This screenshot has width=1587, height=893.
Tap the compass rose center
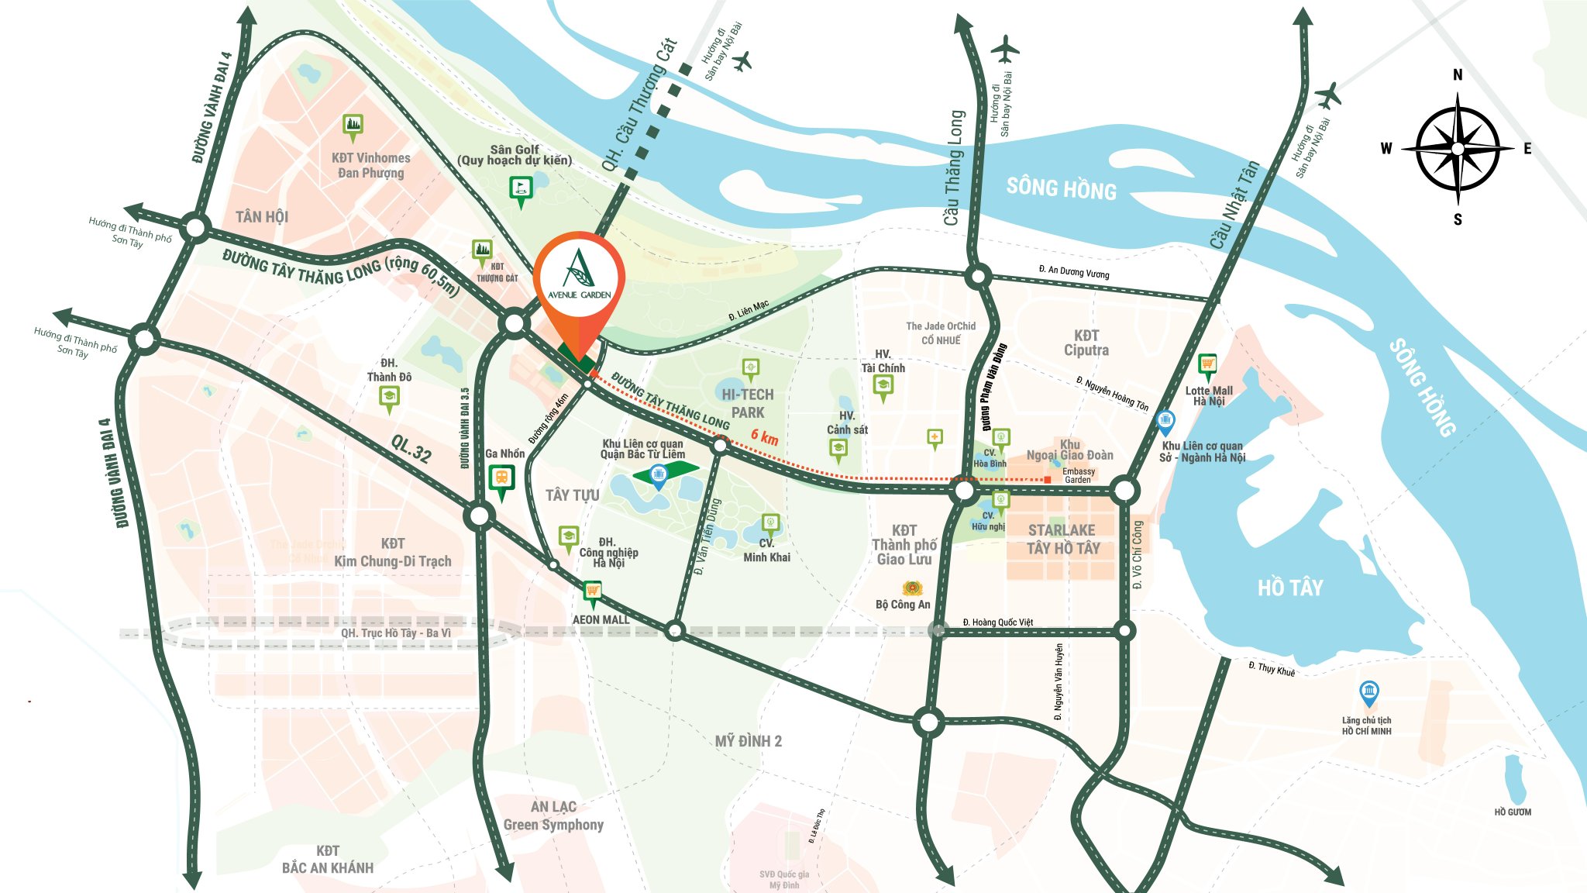click(1458, 148)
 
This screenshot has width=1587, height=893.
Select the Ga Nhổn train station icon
click(501, 478)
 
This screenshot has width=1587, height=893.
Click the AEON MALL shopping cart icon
click(593, 592)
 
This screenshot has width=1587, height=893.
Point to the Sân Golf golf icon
click(521, 188)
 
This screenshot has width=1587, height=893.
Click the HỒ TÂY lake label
click(1290, 588)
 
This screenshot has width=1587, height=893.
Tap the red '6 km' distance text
click(764, 437)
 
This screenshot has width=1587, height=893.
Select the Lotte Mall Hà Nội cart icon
click(1207, 364)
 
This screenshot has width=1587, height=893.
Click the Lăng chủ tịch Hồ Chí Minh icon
click(1369, 691)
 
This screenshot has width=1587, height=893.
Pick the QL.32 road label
click(411, 449)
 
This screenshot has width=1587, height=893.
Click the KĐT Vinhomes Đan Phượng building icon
click(353, 125)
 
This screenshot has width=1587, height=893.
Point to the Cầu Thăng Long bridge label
click(954, 167)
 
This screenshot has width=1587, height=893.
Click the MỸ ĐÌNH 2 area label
click(748, 741)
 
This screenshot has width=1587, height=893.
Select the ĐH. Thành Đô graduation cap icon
click(389, 398)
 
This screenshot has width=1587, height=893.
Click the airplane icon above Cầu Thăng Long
click(1005, 49)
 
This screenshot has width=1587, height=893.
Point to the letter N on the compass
click(1458, 75)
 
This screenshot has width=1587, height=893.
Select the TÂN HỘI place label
click(262, 217)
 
